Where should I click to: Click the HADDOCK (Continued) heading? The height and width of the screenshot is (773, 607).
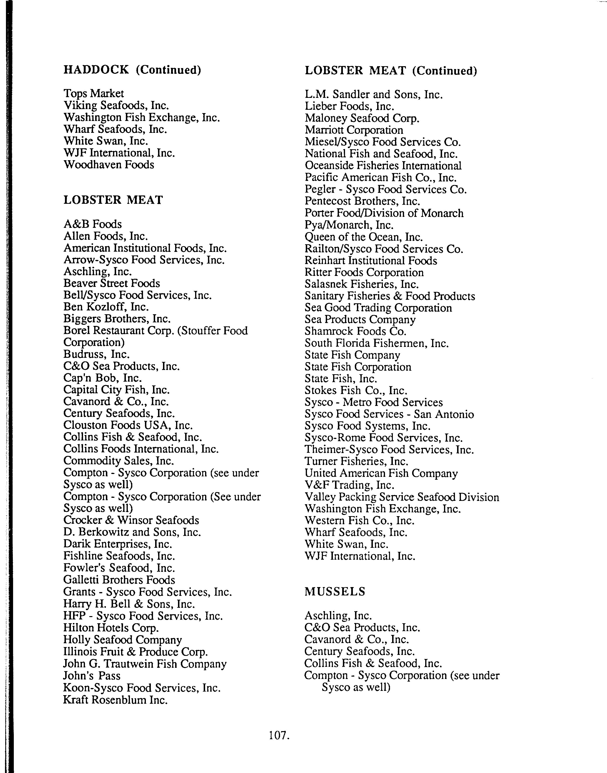[x=132, y=70]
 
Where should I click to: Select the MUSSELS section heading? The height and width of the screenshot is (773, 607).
[x=335, y=592]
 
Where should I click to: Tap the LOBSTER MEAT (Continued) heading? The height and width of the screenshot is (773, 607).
[x=391, y=71]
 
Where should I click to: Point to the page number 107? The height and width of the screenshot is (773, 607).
[x=279, y=735]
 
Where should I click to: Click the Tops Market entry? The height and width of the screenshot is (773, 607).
[x=94, y=94]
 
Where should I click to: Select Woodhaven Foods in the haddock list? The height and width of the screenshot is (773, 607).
[x=109, y=165]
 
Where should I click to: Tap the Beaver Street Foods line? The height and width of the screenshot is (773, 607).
[x=112, y=283]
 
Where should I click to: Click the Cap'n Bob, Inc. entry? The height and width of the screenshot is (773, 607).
[x=103, y=378]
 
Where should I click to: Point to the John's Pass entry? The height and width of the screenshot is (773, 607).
[x=92, y=676]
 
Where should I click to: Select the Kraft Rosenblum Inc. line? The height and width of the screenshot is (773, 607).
[x=115, y=700]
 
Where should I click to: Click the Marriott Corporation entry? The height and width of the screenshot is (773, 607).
[x=354, y=130]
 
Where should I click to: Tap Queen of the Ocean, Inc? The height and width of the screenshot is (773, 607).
[x=364, y=237]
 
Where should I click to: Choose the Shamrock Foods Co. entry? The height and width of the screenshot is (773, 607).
[x=355, y=331]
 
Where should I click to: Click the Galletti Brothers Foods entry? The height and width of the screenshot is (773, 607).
[x=119, y=580]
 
